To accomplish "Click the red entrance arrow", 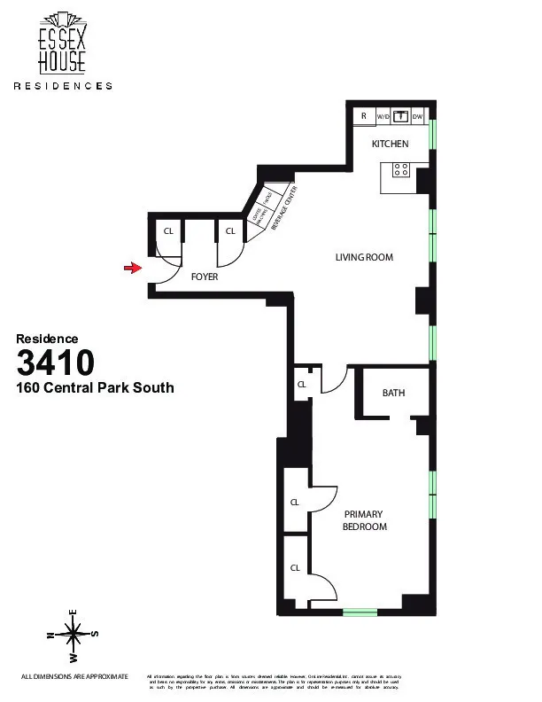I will tap(134, 267).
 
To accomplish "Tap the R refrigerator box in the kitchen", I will tap(363, 115).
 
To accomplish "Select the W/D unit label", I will tap(383, 116).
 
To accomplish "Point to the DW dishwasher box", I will tap(418, 116).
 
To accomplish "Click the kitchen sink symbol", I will tap(400, 115).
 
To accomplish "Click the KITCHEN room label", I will tap(390, 144).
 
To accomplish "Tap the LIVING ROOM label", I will tap(363, 258).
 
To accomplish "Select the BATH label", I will tap(393, 393).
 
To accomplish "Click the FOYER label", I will tap(205, 277).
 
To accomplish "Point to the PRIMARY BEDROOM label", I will tap(365, 520).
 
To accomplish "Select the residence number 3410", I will tap(55, 363).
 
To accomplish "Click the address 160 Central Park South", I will tap(96, 387).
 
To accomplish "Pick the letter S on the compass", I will tap(95, 633).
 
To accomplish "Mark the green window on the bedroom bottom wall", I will tap(360, 611).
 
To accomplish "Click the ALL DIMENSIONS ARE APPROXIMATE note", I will tap(74, 676).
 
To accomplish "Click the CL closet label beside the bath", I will tap(301, 385).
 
